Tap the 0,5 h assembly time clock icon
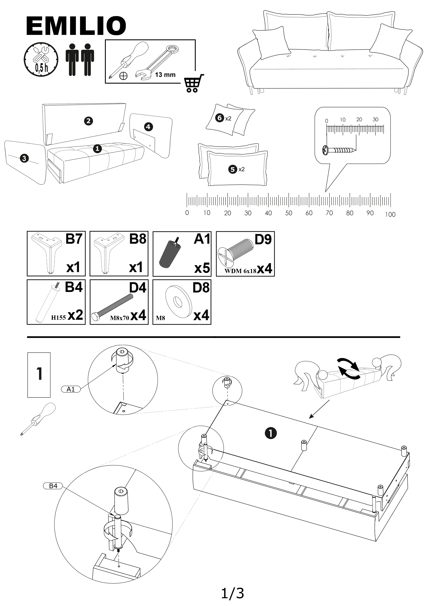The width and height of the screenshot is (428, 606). coord(41,59)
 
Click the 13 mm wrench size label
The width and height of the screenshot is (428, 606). coord(165,75)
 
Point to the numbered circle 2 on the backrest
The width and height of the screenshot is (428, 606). coord(88,121)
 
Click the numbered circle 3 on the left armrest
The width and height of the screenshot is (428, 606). coord(24,158)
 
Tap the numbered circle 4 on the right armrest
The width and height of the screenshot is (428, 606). coord(148,127)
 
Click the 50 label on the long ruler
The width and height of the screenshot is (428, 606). coord(289,213)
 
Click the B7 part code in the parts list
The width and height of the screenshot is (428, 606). coord(74,239)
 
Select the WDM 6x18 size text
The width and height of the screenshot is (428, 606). coord(240,271)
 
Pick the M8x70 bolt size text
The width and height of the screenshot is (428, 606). coord(119,318)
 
